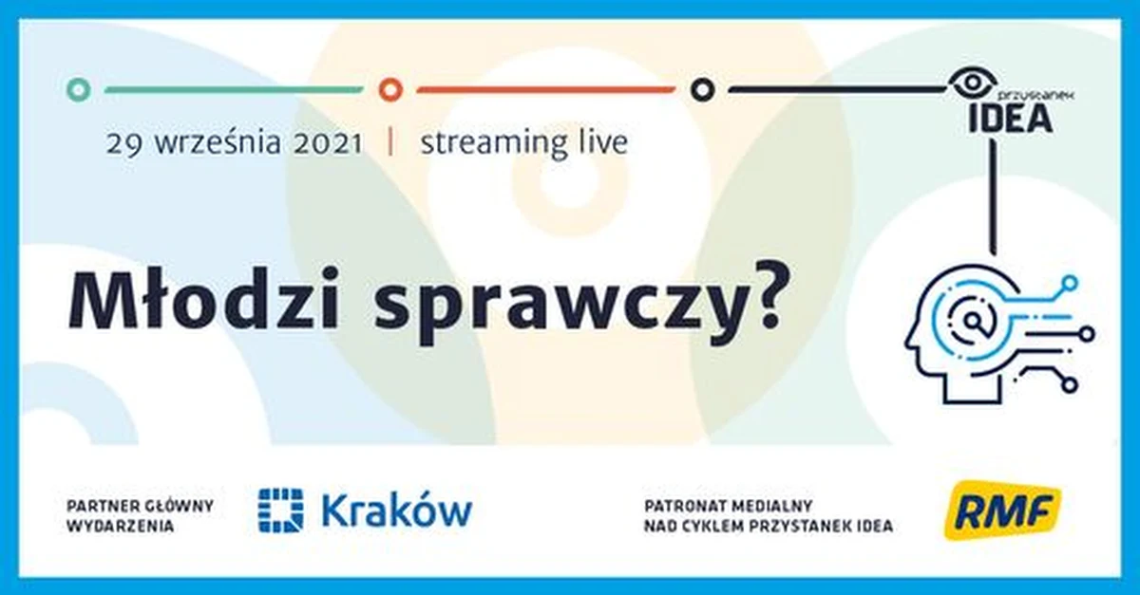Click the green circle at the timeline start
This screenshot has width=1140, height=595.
coord(80,90)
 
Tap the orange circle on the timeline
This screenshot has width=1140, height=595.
coord(390,90)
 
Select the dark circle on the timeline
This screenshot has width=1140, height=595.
coord(702,90)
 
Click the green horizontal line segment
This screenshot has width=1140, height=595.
coord(233,90)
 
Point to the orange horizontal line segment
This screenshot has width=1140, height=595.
coord(545,90)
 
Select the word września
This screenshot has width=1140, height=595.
coord(216,144)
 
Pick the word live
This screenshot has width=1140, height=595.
coord(598,143)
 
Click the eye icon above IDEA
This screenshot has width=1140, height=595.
coord(970,84)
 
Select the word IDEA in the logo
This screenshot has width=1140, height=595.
coord(1009,118)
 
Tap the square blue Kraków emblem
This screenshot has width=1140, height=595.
coord(280,511)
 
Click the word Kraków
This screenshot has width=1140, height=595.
coord(396,511)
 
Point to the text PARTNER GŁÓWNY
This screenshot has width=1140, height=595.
coord(140,505)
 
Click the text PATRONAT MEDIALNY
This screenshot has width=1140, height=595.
coord(725,505)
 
